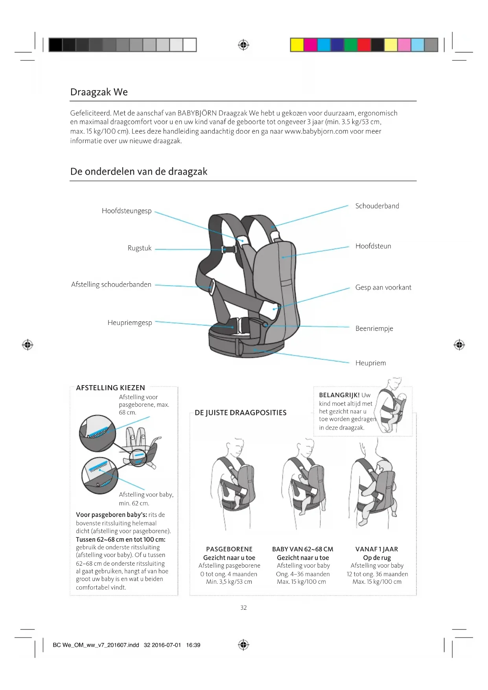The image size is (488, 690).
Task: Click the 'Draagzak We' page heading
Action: [99, 92]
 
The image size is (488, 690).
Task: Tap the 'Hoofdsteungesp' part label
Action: [127, 211]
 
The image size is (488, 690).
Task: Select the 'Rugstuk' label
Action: [140, 248]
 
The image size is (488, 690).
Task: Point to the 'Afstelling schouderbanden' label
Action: [111, 284]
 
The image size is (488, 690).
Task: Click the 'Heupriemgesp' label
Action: [130, 323]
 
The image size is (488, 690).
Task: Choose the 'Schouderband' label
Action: [377, 206]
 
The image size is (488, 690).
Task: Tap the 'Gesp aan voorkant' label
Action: [383, 288]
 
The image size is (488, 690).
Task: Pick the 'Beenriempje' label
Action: [374, 328]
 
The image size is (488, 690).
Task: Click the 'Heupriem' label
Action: [370, 363]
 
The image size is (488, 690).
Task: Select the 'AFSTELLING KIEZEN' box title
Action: [110, 388]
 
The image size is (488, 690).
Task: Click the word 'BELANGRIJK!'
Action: [339, 395]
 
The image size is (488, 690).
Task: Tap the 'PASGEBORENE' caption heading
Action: [229, 549]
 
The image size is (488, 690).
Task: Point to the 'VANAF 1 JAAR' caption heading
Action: [377, 549]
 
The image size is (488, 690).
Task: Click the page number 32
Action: [244, 608]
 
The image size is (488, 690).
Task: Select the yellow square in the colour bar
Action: [297, 45]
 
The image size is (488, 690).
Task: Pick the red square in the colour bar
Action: [364, 45]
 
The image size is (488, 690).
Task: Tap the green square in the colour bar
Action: [350, 45]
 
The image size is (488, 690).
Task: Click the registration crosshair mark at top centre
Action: [244, 45]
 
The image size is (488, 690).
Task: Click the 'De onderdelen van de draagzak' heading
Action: [139, 172]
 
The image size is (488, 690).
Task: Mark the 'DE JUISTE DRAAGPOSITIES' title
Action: [241, 413]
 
